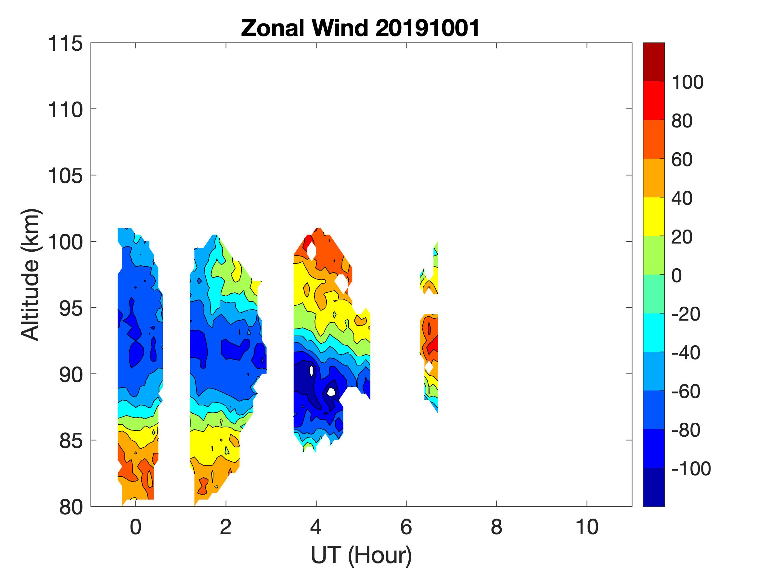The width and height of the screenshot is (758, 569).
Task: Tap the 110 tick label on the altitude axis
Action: click(x=65, y=110)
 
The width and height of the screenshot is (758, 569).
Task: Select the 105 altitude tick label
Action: click(x=65, y=176)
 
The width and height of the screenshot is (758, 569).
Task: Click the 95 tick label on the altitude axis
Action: click(x=71, y=309)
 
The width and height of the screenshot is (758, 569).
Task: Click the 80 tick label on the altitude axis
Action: click(x=71, y=507)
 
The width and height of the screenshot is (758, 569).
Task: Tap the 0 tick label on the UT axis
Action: click(x=136, y=527)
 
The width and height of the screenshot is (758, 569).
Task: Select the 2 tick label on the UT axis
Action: click(x=225, y=527)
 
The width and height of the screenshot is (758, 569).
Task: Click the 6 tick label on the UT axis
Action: click(x=406, y=527)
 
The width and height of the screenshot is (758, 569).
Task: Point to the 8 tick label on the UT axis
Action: click(x=496, y=527)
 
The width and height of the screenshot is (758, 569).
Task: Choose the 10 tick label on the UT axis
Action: click(x=587, y=527)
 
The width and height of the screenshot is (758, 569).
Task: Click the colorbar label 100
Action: click(x=687, y=82)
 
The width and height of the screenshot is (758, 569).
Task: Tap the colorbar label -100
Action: click(x=691, y=469)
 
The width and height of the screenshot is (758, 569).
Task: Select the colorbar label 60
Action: click(x=682, y=160)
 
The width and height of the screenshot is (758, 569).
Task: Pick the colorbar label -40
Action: click(x=686, y=352)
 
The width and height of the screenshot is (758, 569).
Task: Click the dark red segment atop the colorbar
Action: click(x=653, y=62)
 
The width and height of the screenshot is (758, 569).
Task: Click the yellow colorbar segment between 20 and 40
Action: click(x=653, y=217)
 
